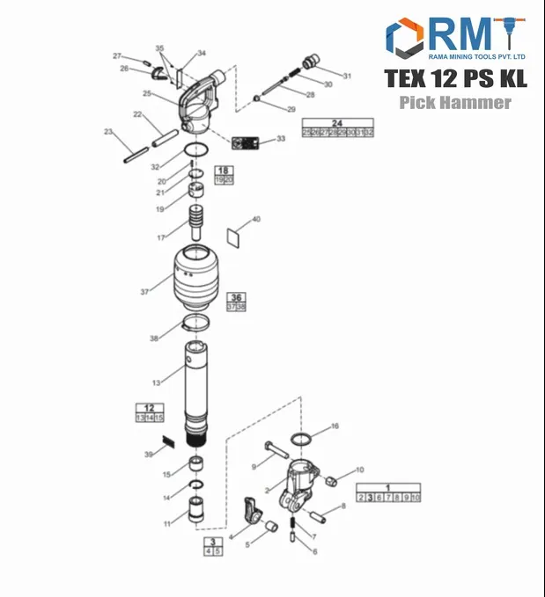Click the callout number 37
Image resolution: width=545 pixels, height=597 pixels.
pyautogui.click(x=144, y=292)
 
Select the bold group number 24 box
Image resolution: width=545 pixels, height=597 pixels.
pyautogui.click(x=337, y=122)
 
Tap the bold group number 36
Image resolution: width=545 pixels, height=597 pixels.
pyautogui.click(x=236, y=298)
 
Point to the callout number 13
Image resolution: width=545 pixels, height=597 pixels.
pyautogui.click(x=156, y=382)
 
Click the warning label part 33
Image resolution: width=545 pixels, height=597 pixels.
pyautogui.click(x=246, y=142)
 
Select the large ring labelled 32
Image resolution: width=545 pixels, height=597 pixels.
pyautogui.click(x=196, y=150)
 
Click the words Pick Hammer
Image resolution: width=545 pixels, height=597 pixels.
pyautogui.click(x=454, y=103)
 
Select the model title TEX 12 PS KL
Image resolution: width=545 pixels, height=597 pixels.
pyautogui.click(x=455, y=77)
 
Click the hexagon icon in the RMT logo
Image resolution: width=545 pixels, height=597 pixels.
pyautogui.click(x=406, y=38)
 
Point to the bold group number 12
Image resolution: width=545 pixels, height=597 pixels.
pyautogui.click(x=149, y=408)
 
